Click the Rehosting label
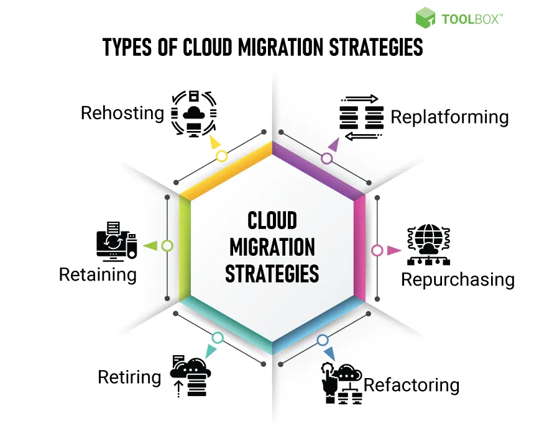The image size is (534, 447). pos(122,113)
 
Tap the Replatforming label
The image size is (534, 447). pos(449,117)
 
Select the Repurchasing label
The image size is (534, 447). pos(458,279)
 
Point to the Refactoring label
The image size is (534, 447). pos(412,385)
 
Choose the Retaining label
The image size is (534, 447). pos(98,274)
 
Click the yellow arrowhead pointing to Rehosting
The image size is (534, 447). pos(215,143)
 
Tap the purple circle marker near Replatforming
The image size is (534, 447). pos(327,158)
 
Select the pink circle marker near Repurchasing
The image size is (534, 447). pos(377,250)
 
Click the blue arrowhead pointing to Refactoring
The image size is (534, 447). pos(329,354)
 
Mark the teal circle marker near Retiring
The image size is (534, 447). pos(217,338)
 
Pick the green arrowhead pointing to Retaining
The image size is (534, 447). pos(149,245)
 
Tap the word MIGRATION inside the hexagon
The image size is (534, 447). pos(272,247)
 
